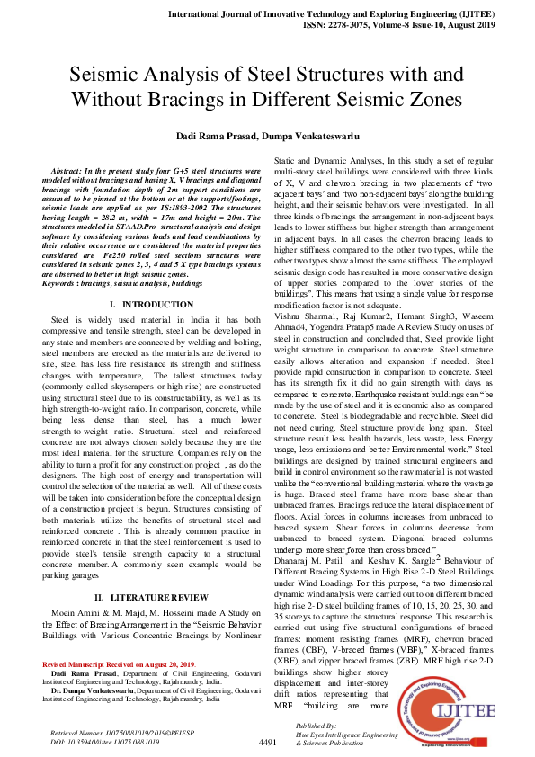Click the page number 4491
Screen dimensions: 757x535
[267, 743]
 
